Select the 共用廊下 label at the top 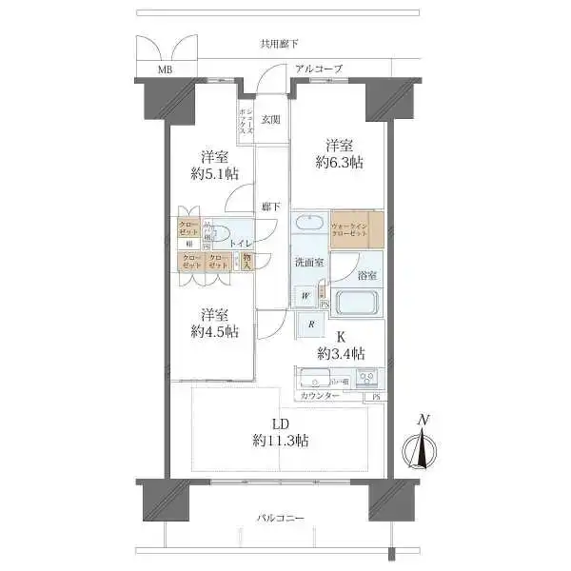tap(279, 44)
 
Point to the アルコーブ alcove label tap(319, 69)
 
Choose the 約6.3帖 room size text tap(340, 163)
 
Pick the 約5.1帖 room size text tap(213, 173)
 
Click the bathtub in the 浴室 tap(356, 303)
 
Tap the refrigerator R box tap(312, 325)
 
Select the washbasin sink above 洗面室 tap(309, 226)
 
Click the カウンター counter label tap(320, 395)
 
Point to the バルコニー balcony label tap(280, 519)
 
